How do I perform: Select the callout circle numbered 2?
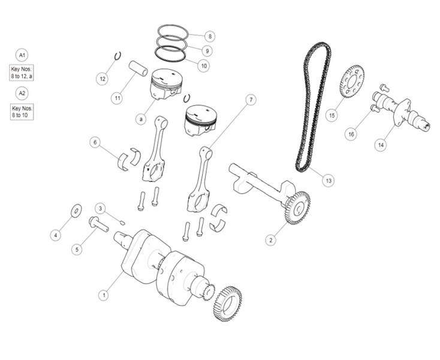pos(270,240)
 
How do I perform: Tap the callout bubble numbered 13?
pos(328,180)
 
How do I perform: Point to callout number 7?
pos(251,99)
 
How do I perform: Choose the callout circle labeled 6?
pos(94,142)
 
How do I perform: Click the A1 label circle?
pos(22,55)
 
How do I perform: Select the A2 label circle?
pos(22,93)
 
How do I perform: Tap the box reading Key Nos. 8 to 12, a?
pos(22,73)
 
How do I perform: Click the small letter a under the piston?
pos(140,119)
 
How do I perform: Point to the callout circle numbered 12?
pos(103,79)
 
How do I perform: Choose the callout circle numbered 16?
pos(351,134)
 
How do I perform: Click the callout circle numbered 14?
pos(381,145)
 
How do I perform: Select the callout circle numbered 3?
pos(101,208)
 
